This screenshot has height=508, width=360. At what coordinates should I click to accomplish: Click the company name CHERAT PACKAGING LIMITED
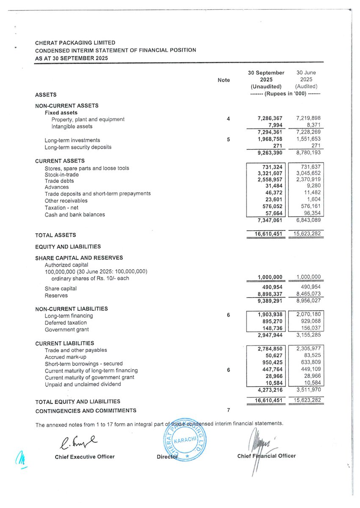(75, 43)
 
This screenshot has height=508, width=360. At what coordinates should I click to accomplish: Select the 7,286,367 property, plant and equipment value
(270, 119)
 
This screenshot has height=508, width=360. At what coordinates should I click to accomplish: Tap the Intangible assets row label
(72, 126)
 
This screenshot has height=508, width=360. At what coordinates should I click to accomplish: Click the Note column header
(224, 80)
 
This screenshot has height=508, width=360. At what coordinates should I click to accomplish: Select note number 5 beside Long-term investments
(228, 140)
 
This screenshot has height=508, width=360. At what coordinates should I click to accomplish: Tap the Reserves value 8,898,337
(270, 295)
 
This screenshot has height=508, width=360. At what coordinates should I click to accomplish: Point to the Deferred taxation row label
(66, 323)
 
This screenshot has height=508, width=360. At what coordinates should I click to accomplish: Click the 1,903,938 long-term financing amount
(270, 315)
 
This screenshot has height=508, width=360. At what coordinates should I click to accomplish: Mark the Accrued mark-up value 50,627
(274, 357)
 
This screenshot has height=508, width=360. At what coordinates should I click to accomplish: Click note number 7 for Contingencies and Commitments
(228, 410)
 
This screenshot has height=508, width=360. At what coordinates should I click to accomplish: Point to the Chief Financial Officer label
(266, 456)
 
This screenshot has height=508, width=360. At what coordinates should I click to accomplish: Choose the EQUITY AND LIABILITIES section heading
(68, 246)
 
